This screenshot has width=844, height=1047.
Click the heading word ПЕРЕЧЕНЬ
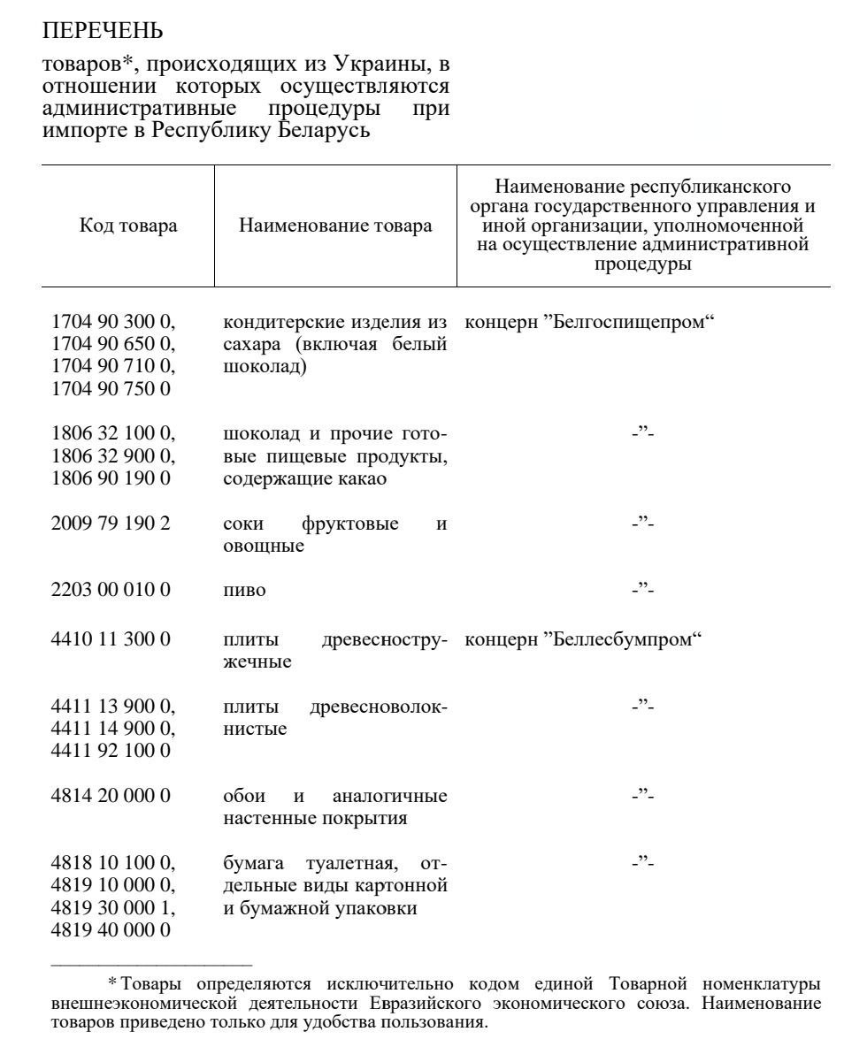click(103, 32)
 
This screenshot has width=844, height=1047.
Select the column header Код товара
click(128, 225)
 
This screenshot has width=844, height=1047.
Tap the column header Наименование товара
click(335, 225)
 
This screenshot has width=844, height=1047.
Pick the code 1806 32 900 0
click(113, 456)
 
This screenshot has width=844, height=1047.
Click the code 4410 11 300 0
click(110, 638)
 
